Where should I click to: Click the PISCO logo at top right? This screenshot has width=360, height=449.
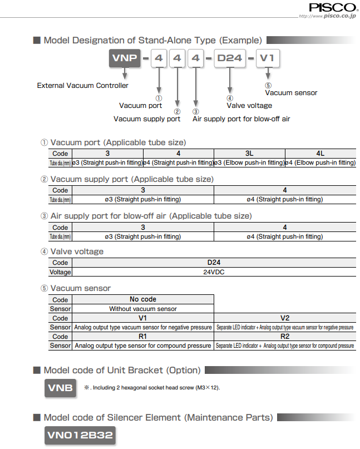click(333, 7)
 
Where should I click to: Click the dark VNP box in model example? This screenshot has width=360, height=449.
click(124, 58)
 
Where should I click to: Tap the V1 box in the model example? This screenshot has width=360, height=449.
click(268, 58)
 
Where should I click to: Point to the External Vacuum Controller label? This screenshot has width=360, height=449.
click(82, 86)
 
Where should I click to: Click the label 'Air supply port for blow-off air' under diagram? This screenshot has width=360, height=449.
click(241, 119)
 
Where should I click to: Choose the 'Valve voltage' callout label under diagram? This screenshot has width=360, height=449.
click(249, 105)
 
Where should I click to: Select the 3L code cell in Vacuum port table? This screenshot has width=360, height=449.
click(249, 153)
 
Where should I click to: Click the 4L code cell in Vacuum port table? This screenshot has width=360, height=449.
click(320, 153)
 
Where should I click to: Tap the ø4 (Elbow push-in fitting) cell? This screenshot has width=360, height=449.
click(320, 162)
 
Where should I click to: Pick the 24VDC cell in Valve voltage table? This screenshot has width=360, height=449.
click(214, 273)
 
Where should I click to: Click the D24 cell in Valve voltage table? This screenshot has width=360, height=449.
click(214, 263)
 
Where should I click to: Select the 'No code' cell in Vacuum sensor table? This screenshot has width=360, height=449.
click(143, 299)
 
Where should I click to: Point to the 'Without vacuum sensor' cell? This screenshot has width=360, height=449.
click(143, 309)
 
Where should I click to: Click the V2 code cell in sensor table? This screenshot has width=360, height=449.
click(285, 318)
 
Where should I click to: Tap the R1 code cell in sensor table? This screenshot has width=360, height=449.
click(143, 337)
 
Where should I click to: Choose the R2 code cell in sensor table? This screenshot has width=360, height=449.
click(285, 337)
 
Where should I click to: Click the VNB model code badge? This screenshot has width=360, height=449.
click(60, 388)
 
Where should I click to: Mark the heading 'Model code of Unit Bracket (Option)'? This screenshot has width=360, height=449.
click(121, 370)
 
